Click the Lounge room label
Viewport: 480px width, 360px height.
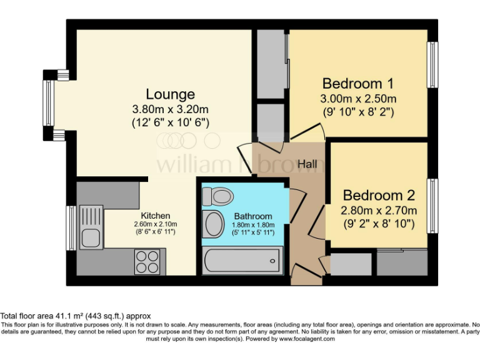[x=170, y=94]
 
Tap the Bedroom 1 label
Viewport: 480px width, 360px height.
[x=358, y=84]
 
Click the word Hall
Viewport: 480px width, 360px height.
[x=307, y=164]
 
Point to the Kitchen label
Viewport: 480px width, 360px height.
[x=155, y=216]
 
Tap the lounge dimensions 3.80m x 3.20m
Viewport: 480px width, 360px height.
[x=170, y=109]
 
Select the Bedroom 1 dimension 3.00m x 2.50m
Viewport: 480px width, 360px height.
[x=359, y=99]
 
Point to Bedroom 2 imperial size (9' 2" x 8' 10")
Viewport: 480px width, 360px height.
[x=379, y=223]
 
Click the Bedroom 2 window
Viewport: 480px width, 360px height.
[x=431, y=206]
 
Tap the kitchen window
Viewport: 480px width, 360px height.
[x=71, y=228]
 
